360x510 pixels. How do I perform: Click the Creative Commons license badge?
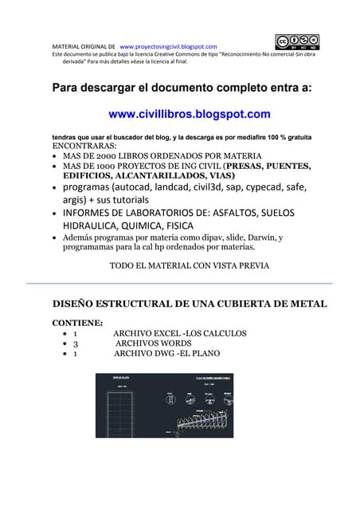[x=297, y=42]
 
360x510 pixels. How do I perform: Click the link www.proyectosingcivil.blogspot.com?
[x=167, y=47]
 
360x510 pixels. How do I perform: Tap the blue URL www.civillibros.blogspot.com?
[x=189, y=114]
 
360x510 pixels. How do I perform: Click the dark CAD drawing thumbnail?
[x=164, y=404]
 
